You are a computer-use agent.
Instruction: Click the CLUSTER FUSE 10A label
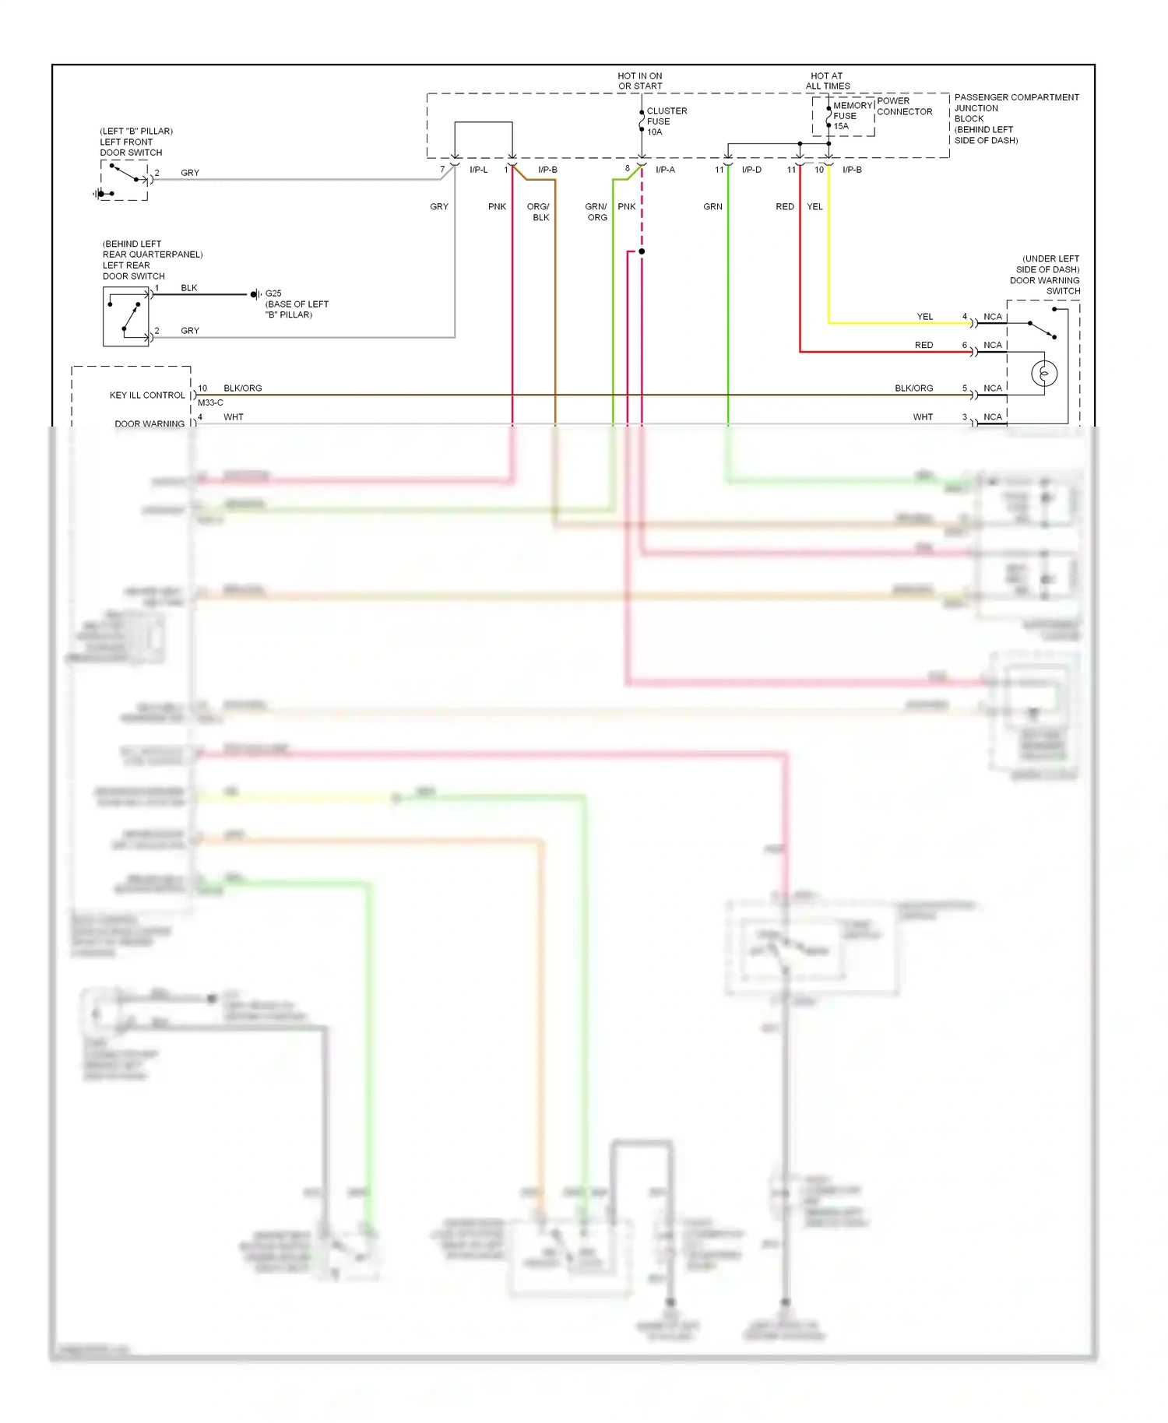click(666, 121)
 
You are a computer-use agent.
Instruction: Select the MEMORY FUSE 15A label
click(850, 115)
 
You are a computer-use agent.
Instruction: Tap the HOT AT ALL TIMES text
click(827, 81)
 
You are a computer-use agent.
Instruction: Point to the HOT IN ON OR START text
click(640, 81)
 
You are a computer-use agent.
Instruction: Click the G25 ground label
click(273, 293)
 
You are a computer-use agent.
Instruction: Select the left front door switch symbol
click(124, 181)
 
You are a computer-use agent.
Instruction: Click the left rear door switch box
click(126, 316)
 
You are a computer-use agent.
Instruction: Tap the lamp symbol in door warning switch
click(1044, 374)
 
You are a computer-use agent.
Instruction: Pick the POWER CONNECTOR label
click(903, 106)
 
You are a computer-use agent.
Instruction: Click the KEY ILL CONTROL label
click(147, 395)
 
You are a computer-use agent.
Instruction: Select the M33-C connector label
click(210, 402)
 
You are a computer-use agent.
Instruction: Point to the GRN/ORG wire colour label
click(596, 212)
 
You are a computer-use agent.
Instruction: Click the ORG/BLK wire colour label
click(539, 212)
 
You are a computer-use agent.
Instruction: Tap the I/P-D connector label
click(751, 170)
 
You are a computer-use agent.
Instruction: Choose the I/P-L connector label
click(478, 170)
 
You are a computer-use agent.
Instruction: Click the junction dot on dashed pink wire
click(642, 251)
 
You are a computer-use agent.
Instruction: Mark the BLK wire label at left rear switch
click(189, 288)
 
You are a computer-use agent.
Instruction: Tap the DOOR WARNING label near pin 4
click(150, 423)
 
